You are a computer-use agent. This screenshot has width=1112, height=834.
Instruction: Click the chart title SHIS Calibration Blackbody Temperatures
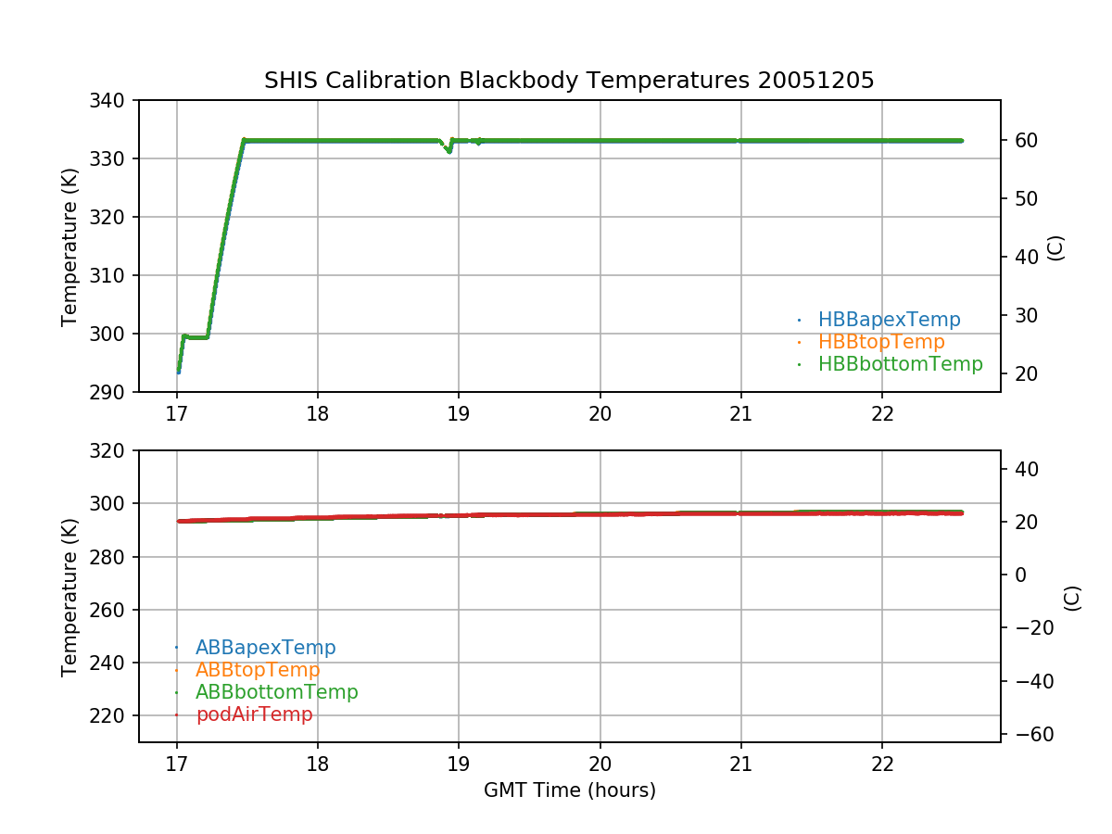click(569, 81)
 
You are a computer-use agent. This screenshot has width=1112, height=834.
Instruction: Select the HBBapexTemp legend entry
click(889, 320)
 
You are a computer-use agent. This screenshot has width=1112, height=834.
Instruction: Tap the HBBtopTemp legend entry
click(881, 342)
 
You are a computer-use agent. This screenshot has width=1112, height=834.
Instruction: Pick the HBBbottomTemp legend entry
click(900, 364)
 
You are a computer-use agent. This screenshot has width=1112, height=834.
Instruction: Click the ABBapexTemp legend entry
click(265, 648)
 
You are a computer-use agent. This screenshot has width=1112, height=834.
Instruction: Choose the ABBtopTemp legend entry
click(258, 670)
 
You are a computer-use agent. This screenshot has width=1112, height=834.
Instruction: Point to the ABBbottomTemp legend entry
click(276, 692)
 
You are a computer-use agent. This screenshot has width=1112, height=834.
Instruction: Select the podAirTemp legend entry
click(254, 714)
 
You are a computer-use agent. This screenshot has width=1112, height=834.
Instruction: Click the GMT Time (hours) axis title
click(569, 790)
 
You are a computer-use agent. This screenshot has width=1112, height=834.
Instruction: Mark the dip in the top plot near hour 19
click(449, 150)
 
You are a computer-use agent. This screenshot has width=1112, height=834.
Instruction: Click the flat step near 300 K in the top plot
click(196, 336)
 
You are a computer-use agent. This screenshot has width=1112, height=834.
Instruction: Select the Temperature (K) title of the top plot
click(69, 246)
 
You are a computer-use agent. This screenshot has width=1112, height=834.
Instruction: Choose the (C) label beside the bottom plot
click(1072, 597)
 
